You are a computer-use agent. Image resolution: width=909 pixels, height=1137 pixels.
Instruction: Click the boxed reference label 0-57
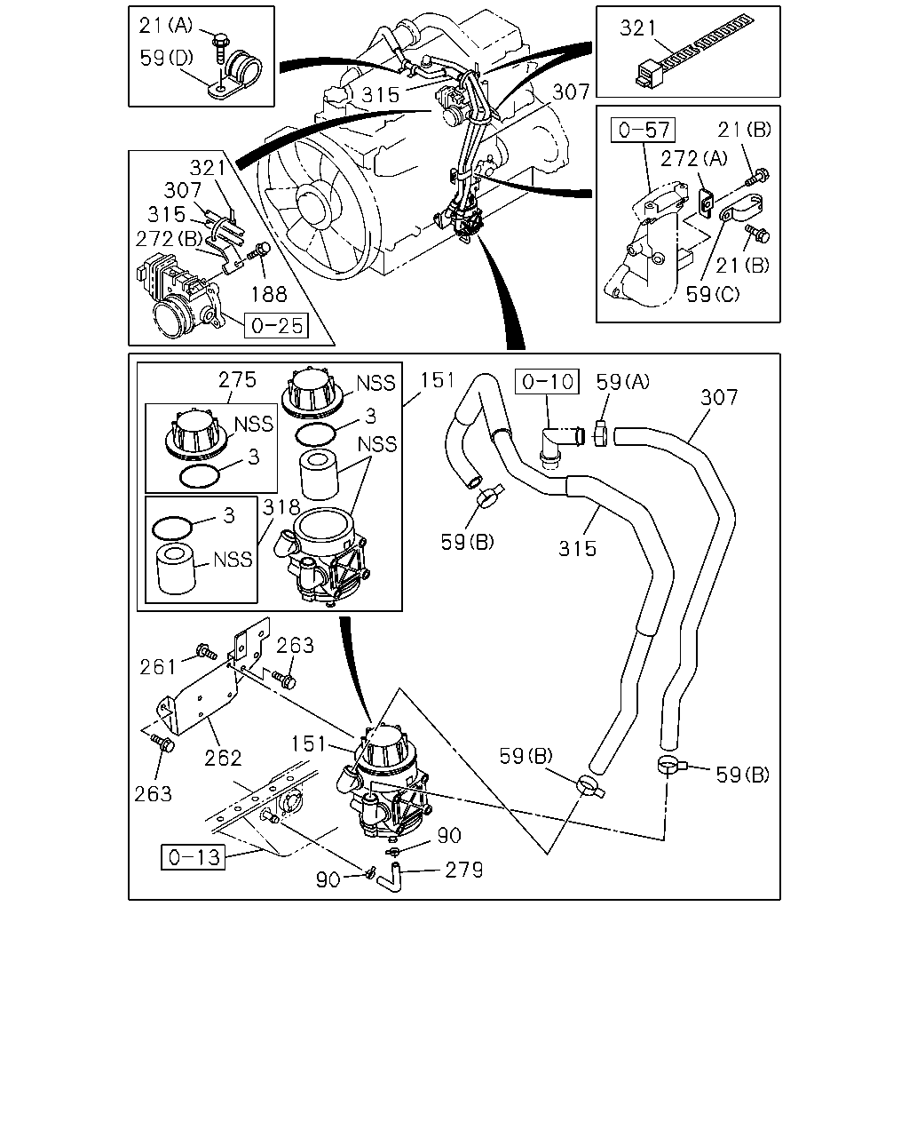point(643,130)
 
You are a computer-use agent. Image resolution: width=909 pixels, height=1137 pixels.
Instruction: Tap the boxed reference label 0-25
point(276,325)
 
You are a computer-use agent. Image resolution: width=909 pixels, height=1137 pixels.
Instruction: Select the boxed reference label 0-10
point(547,381)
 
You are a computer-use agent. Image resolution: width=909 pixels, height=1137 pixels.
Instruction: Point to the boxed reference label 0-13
point(193,857)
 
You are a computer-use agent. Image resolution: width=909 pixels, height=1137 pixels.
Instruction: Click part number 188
point(269,294)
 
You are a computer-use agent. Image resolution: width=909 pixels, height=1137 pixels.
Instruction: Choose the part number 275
point(237,379)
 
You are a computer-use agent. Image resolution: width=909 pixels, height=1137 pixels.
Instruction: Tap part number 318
point(281,508)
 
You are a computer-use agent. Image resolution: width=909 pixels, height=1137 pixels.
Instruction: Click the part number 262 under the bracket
point(223,759)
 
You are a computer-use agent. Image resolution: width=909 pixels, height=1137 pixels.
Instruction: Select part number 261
point(158,667)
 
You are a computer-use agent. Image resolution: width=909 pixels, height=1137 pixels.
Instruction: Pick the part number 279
point(463,870)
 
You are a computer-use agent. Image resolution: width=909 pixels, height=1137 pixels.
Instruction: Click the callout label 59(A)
point(623,381)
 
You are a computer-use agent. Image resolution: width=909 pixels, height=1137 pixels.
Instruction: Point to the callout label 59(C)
point(713,294)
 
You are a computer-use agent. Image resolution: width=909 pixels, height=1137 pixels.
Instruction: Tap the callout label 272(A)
point(694,158)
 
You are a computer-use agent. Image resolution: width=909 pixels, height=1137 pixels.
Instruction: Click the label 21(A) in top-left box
point(166,26)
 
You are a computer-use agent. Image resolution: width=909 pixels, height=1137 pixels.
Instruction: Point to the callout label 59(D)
point(167,58)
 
